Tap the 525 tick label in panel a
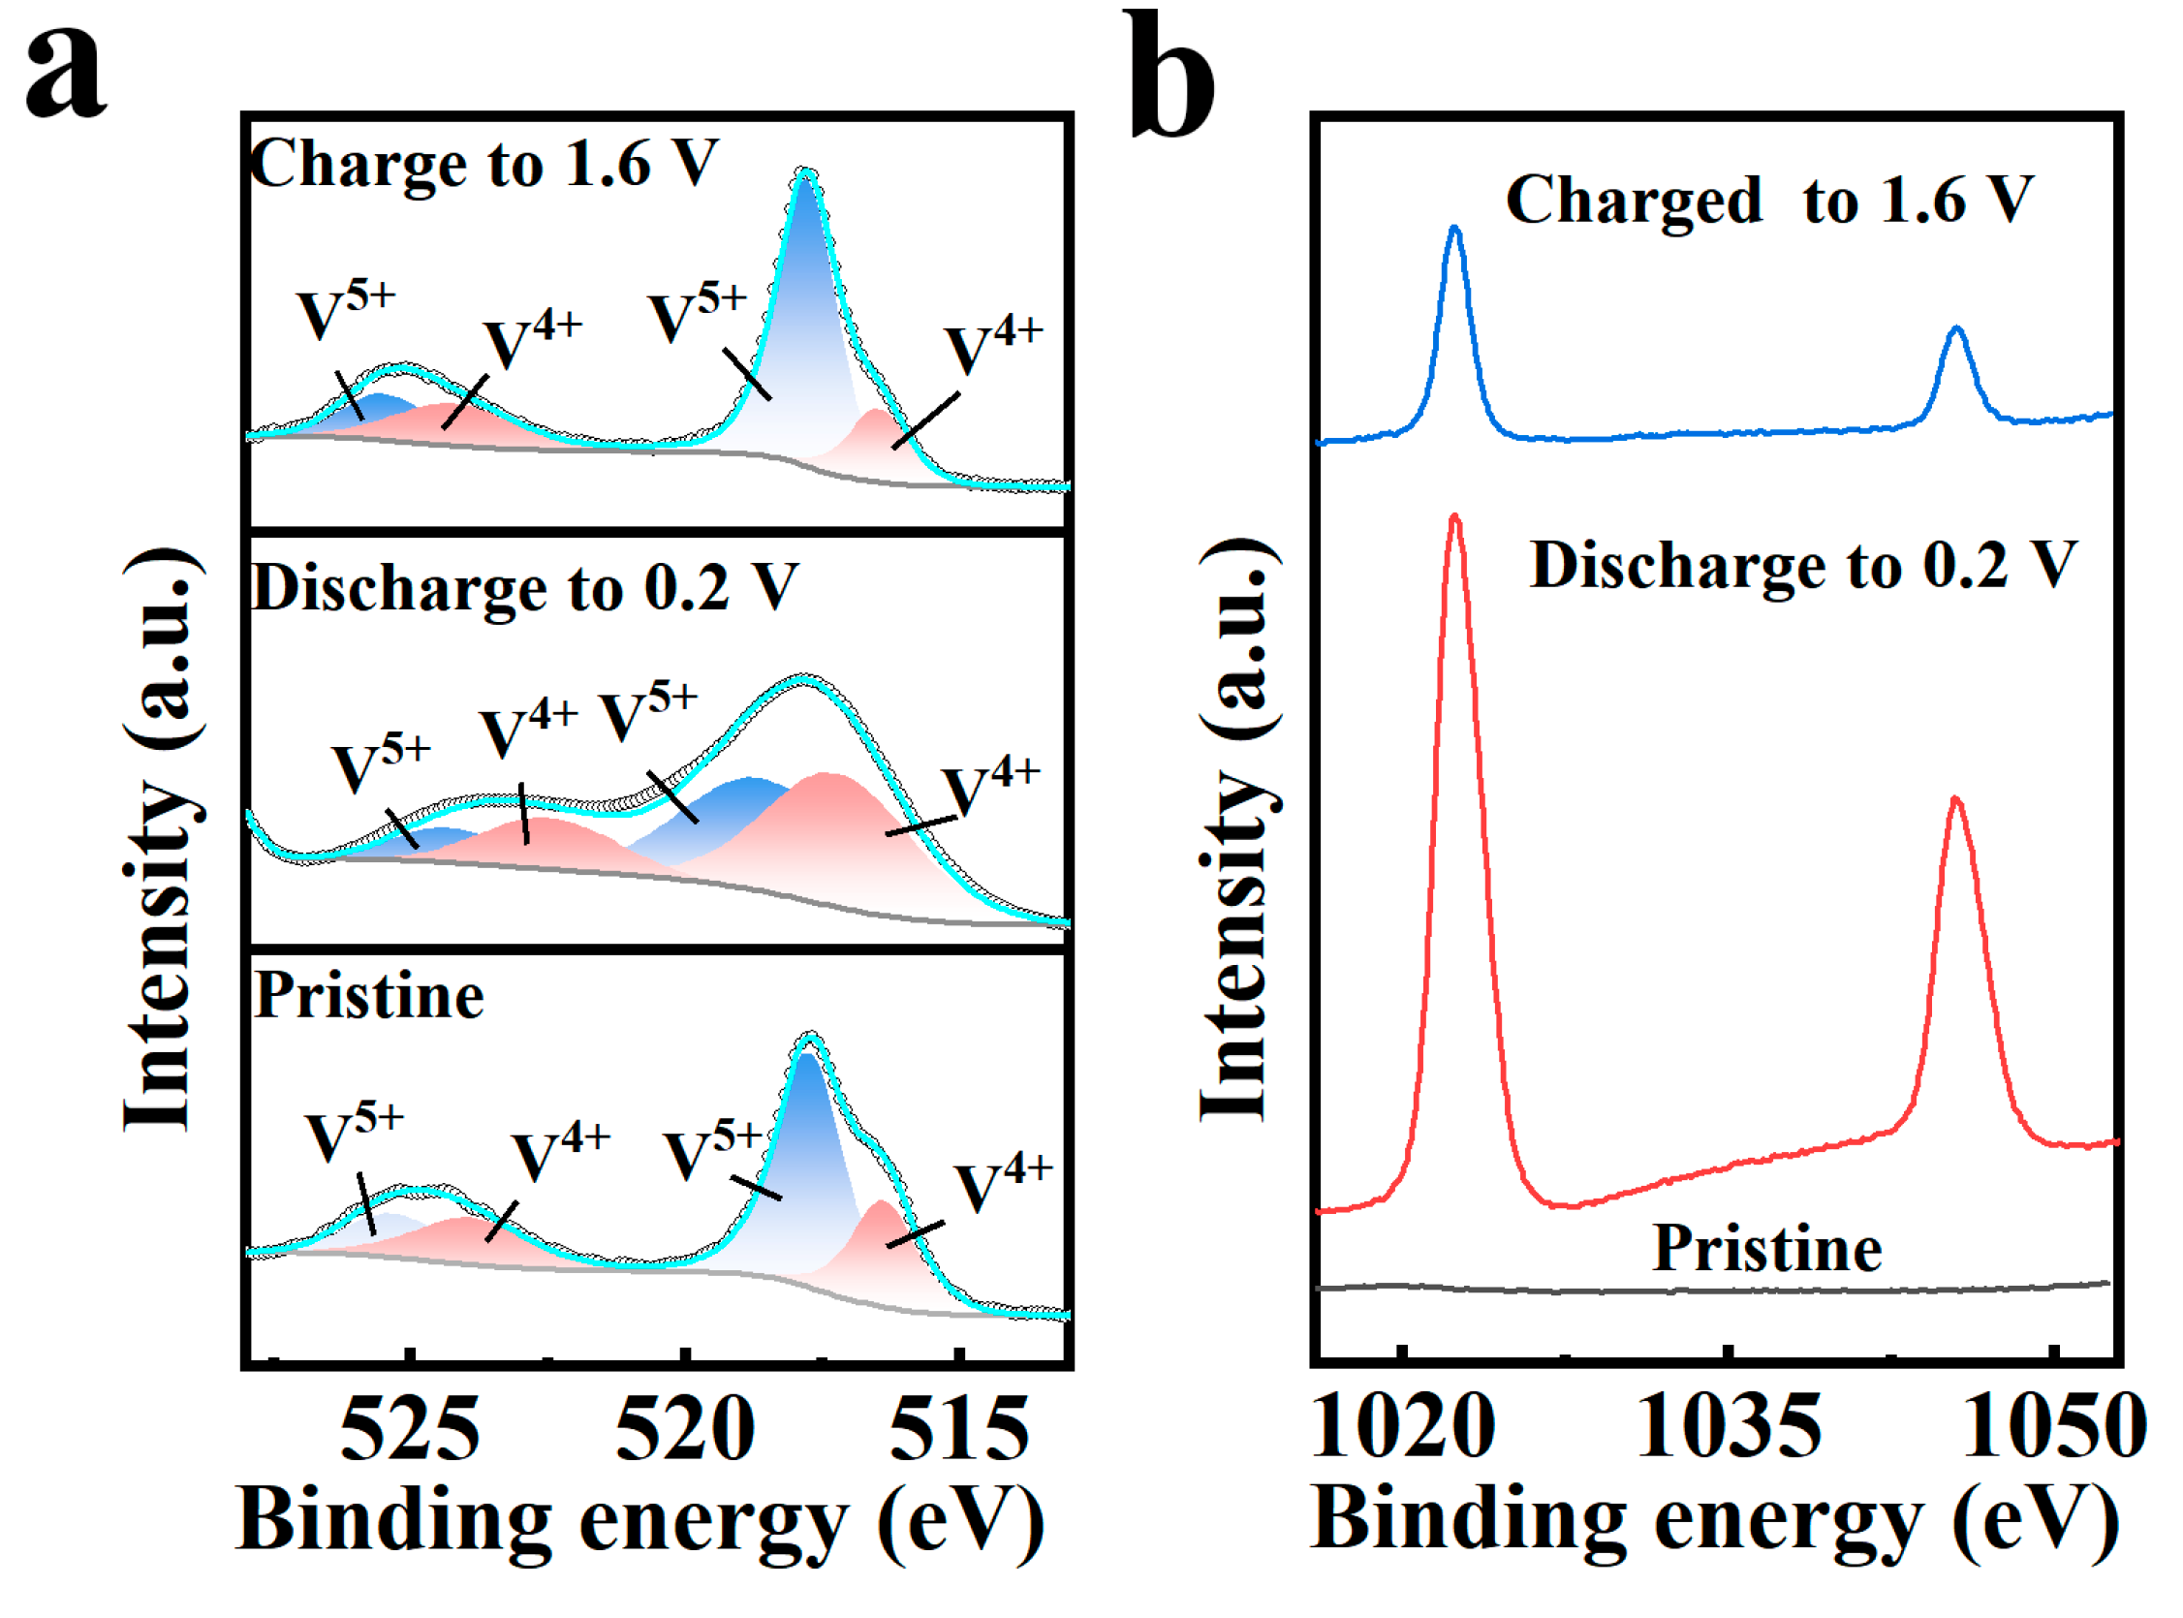[x=410, y=1429]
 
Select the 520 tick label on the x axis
[x=685, y=1429]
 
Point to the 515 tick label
[x=959, y=1429]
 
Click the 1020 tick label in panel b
[x=1402, y=1426]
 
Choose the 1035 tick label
[x=1729, y=1426]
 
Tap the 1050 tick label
[x=2055, y=1426]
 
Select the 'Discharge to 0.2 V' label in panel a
[x=525, y=588]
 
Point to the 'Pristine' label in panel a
[x=369, y=997]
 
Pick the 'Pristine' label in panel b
[x=1767, y=1249]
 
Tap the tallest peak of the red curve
[x=1454, y=516]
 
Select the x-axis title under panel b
[x=1716, y=1521]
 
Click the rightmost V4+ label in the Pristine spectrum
[x=1003, y=1185]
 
